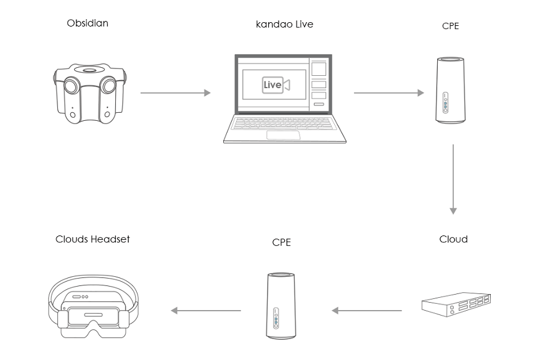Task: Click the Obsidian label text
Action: pyautogui.click(x=88, y=23)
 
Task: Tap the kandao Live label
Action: pyautogui.click(x=284, y=25)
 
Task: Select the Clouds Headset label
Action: pyautogui.click(x=92, y=239)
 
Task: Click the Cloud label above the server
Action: pyautogui.click(x=453, y=239)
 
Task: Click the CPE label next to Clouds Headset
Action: pyautogui.click(x=281, y=242)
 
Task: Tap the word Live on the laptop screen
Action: pyautogui.click(x=272, y=85)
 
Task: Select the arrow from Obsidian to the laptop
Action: pyautogui.click(x=175, y=93)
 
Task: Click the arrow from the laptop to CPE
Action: pyautogui.click(x=388, y=93)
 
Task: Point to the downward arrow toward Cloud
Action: pyautogui.click(x=453, y=179)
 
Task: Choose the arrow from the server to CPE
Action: pyautogui.click(x=367, y=310)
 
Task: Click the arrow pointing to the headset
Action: pyautogui.click(x=206, y=310)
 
